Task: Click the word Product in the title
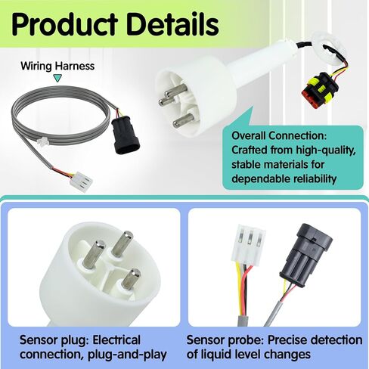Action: (65, 24)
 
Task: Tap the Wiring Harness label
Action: (57, 66)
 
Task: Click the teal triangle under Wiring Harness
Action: (58, 78)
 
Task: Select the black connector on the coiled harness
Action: (126, 135)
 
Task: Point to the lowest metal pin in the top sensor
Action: (184, 120)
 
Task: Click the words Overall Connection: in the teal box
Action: (279, 136)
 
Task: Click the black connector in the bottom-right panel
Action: (305, 256)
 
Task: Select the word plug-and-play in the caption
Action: (127, 355)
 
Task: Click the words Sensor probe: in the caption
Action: (225, 340)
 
